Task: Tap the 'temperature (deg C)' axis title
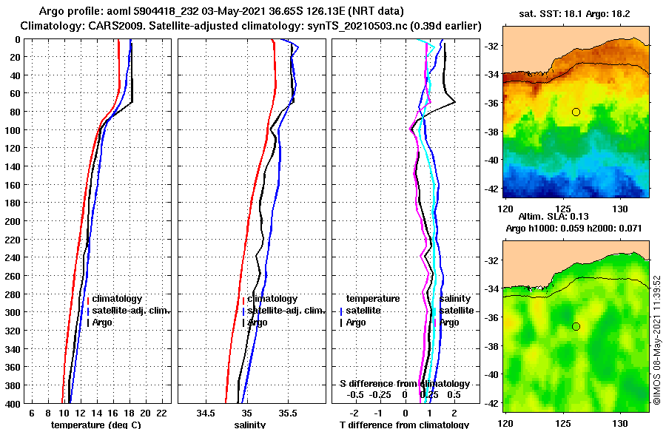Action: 95,425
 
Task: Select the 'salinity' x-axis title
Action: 250,425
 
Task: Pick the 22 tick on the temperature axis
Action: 161,413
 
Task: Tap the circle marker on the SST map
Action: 576,112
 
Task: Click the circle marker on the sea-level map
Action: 576,326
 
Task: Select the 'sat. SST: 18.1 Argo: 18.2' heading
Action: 575,13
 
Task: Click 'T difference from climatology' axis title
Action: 404,425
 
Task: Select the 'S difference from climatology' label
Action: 404,384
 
